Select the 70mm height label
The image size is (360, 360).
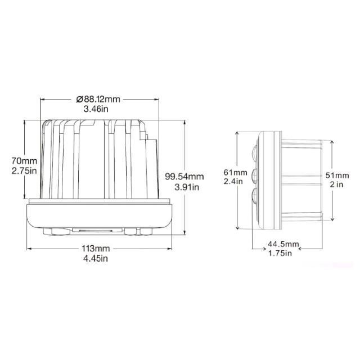point(24,161)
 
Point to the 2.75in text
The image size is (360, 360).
point(24,170)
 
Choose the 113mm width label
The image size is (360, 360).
point(96,249)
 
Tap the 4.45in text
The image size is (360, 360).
point(96,258)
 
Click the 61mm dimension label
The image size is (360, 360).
point(235,172)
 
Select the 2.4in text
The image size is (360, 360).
point(235,181)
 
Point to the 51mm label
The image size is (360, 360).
point(337,176)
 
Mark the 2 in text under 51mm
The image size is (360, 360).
point(337,185)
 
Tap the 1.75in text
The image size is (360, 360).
point(281,254)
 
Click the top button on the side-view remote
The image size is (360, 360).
point(254,152)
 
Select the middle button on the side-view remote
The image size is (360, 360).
point(253,174)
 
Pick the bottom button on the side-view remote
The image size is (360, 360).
point(254,197)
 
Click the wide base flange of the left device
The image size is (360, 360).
point(99,214)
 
